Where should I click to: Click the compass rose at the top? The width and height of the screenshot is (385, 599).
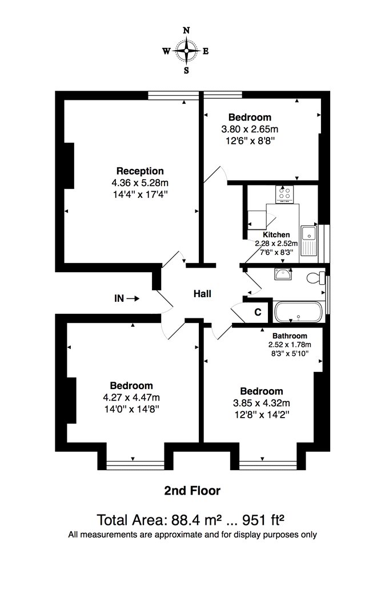186,50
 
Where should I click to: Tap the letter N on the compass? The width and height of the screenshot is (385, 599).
186,31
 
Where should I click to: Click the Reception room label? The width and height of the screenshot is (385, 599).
140,171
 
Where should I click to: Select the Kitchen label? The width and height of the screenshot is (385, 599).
276,234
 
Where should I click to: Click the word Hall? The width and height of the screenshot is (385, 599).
202,294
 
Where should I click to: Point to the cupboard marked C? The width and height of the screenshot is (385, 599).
258,312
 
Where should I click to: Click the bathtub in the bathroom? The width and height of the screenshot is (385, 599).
299,312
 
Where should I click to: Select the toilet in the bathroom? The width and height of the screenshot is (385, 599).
315,277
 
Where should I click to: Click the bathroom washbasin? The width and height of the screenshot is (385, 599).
283,273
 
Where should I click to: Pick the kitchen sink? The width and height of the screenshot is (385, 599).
309,241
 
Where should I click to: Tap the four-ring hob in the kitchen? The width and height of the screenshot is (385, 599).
284,193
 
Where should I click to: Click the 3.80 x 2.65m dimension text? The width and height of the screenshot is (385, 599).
250,129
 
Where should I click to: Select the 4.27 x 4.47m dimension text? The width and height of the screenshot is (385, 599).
131,397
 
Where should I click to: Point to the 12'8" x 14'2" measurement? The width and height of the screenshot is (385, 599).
262,415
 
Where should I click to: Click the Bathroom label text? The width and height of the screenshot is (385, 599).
290,336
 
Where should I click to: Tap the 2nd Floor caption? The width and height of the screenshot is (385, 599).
192,491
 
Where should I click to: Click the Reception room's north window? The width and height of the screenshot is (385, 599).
173,95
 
